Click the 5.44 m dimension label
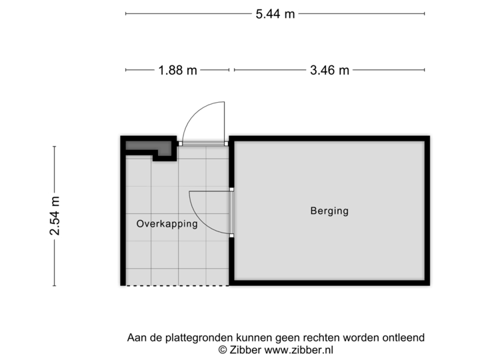tap(275, 13)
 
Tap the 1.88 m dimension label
tap(177, 69)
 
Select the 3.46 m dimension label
tap(329, 69)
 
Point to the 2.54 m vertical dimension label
tap(55, 216)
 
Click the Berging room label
tap(329, 211)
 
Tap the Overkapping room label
tap(167, 224)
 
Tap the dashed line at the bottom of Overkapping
tap(177, 286)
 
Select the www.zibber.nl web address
tap(299, 349)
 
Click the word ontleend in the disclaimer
tap(404, 338)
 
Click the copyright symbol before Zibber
tap(223, 349)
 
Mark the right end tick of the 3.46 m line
tap(425, 69)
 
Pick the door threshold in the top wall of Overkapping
tap(204, 143)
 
